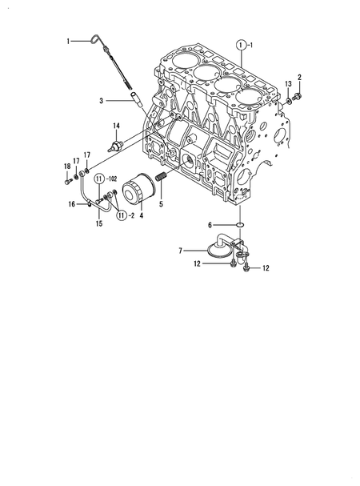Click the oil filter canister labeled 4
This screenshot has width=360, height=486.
(x=139, y=193)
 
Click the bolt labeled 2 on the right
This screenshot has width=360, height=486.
(x=298, y=98)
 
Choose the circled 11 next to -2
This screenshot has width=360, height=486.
(x=121, y=215)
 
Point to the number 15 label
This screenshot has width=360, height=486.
(x=100, y=224)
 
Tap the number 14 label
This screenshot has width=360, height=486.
(x=116, y=126)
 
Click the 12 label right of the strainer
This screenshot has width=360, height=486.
(x=266, y=269)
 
